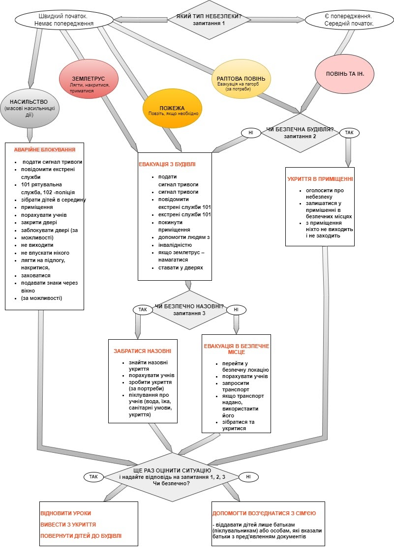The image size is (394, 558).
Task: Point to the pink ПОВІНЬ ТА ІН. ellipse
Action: pyautogui.click(x=342, y=73)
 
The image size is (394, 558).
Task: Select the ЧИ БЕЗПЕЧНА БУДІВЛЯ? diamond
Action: pyautogui.click(x=300, y=133)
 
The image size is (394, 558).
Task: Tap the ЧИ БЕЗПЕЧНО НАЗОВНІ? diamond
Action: pyautogui.click(x=189, y=310)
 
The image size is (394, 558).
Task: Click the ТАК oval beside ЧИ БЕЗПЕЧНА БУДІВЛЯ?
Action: pyautogui.click(x=349, y=133)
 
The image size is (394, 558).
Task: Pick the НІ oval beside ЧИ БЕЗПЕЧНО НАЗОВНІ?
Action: pyautogui.click(x=236, y=310)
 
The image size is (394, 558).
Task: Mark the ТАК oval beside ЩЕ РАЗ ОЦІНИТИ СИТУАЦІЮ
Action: pyautogui.click(x=93, y=476)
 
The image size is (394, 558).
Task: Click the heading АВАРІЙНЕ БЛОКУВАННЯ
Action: pyautogui.click(x=44, y=149)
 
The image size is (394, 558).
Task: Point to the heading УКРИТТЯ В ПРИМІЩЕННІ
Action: pyautogui.click(x=320, y=179)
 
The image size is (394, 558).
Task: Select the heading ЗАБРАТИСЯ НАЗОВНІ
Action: pyautogui.click(x=143, y=352)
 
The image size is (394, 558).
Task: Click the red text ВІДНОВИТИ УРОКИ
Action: pyautogui.click(x=65, y=513)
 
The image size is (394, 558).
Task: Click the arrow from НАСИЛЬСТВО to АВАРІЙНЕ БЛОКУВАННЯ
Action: pyautogui.click(x=30, y=133)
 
